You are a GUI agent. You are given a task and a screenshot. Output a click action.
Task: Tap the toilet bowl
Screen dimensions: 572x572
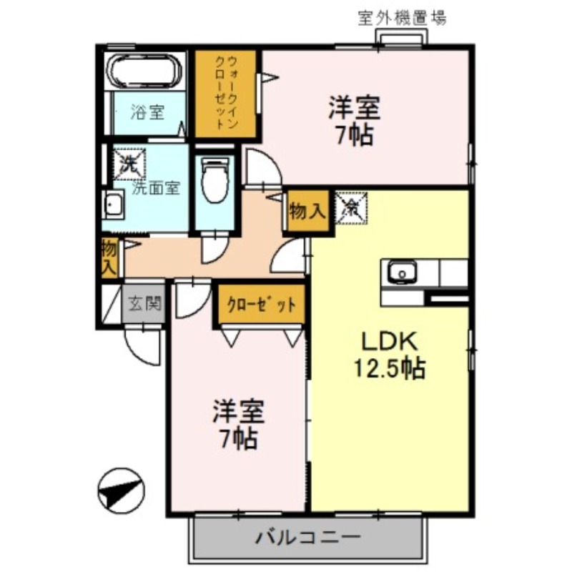click(214, 180)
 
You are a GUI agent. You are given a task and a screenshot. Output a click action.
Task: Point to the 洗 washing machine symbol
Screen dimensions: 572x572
click(129, 163)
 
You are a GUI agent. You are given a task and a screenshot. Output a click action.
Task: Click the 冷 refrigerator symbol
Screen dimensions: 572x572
click(351, 208)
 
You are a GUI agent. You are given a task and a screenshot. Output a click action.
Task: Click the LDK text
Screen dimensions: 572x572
click(390, 342)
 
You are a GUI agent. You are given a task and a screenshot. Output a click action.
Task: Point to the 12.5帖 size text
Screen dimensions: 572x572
click(390, 369)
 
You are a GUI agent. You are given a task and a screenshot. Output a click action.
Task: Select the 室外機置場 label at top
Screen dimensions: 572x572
click(403, 18)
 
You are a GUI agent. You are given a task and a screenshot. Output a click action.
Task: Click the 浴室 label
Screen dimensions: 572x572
click(149, 112)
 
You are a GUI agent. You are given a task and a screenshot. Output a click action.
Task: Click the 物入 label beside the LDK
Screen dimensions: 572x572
click(308, 211)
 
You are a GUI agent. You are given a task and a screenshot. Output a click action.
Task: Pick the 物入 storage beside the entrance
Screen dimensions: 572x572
click(109, 258)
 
